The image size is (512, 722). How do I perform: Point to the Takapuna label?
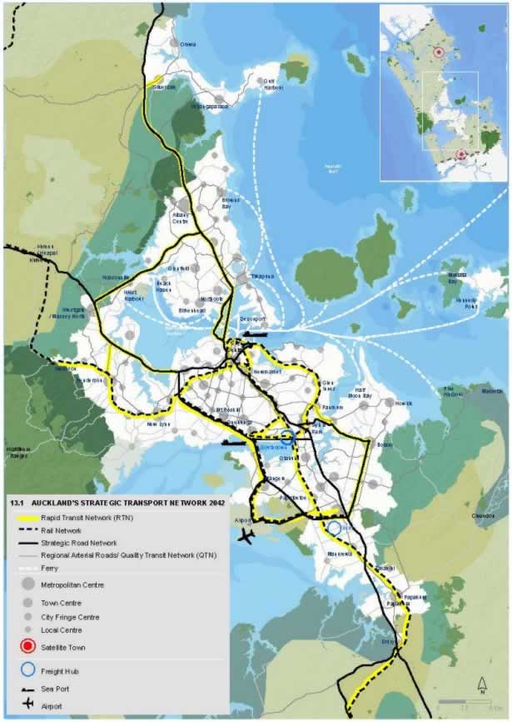(262, 276)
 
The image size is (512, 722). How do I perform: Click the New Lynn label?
(158, 424)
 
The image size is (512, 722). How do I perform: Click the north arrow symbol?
(482, 686)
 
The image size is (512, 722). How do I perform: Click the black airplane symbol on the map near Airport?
(245, 536)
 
